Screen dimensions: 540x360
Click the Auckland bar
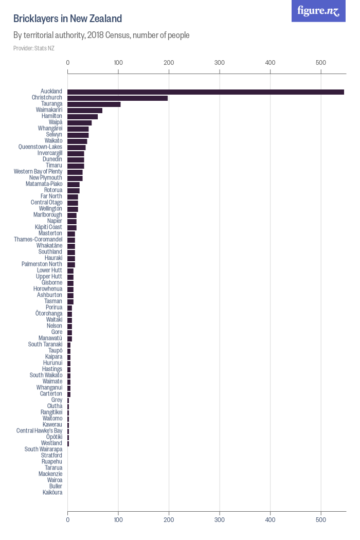pyautogui.click(x=206, y=92)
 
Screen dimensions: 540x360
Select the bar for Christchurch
pyautogui.click(x=118, y=98)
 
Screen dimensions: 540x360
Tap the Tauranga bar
pyautogui.click(x=94, y=104)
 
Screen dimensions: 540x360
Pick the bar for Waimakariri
pyautogui.click(x=85, y=110)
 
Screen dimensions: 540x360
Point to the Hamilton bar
pyautogui.click(x=83, y=116)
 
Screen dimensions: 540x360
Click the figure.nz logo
pyautogui.click(x=318, y=11)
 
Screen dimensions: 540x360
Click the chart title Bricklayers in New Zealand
pyautogui.click(x=67, y=19)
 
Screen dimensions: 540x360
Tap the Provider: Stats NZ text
pyautogui.click(x=34, y=48)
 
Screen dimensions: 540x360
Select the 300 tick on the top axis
pyautogui.click(x=220, y=62)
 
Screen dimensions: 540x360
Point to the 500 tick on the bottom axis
pyautogui.click(x=321, y=519)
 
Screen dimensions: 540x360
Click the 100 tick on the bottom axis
pyautogui.click(x=118, y=519)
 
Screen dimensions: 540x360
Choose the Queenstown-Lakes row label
pyautogui.click(x=40, y=147)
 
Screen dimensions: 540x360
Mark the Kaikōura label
pyautogui.click(x=52, y=493)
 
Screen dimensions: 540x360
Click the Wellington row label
pyautogui.click(x=50, y=209)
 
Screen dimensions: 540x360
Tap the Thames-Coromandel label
pyautogui.click(x=38, y=240)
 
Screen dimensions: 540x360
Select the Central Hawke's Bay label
pyautogui.click(x=39, y=431)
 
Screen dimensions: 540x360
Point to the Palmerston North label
pyautogui.click(x=42, y=264)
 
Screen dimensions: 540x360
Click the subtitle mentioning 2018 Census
pyautogui.click(x=101, y=35)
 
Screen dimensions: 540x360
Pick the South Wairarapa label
pyautogui.click(x=43, y=449)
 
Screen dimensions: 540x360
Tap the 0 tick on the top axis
pyautogui.click(x=68, y=62)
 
